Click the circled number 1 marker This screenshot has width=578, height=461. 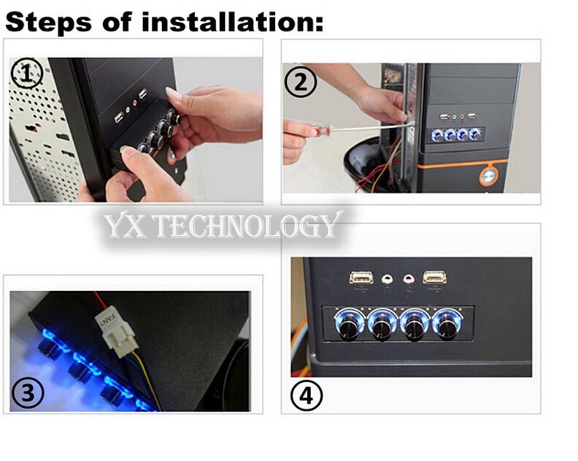(x=27, y=74)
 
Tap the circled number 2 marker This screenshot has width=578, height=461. (x=301, y=82)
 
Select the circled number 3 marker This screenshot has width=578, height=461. (x=28, y=393)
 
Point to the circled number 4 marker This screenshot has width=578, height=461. (x=307, y=397)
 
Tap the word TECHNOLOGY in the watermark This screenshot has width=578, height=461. (x=246, y=225)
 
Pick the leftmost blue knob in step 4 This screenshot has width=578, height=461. (x=348, y=323)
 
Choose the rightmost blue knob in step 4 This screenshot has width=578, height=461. (x=447, y=323)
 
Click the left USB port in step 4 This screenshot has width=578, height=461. (x=361, y=277)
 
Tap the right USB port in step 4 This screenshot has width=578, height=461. (x=435, y=277)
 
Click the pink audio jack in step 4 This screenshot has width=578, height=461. (x=409, y=279)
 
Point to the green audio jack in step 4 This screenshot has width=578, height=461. (x=387, y=279)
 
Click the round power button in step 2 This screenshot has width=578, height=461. (x=488, y=176)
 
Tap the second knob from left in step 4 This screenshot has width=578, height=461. (x=382, y=323)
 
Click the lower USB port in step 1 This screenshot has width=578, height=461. (x=118, y=118)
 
